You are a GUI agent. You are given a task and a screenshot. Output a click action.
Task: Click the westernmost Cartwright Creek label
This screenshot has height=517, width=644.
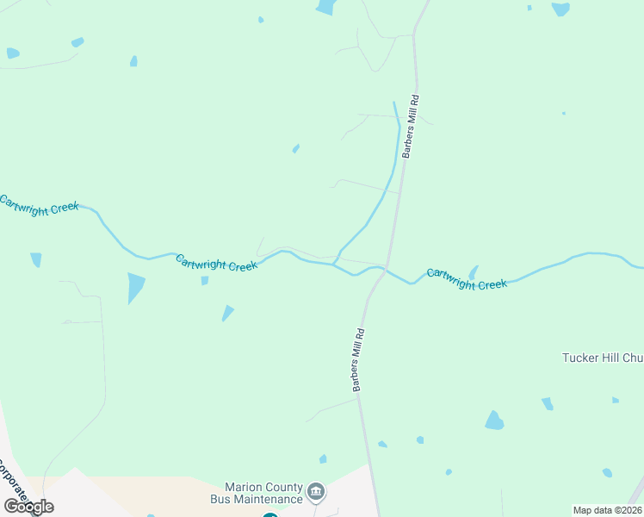click(x=39, y=205)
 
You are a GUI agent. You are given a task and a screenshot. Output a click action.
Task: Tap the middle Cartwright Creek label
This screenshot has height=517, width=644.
click(x=217, y=263)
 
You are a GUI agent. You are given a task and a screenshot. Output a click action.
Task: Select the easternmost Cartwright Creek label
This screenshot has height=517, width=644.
click(x=467, y=278)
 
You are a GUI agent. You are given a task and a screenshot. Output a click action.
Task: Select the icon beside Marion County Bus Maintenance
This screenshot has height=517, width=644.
click(x=316, y=492)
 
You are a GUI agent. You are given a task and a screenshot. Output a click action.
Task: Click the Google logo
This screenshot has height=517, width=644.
click(x=28, y=506)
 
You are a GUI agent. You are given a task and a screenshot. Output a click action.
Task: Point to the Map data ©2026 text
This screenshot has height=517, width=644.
click(x=607, y=510)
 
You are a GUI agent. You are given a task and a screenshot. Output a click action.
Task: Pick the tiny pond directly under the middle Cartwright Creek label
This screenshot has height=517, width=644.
click(x=204, y=280)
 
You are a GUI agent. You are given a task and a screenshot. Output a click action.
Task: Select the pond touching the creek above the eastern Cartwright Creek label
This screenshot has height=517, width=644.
click(x=473, y=272)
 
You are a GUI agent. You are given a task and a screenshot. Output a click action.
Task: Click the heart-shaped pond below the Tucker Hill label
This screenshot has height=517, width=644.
click(x=494, y=420)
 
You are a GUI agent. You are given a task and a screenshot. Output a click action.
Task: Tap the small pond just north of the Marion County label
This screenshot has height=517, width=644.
click(x=323, y=459)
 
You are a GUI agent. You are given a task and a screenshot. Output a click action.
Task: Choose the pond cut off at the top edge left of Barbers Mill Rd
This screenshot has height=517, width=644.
click(x=325, y=7)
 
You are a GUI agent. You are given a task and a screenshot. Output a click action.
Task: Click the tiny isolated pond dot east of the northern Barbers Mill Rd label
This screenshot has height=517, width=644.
click(x=563, y=113)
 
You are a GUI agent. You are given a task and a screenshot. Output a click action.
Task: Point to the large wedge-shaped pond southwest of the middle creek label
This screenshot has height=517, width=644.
click(x=135, y=287)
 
